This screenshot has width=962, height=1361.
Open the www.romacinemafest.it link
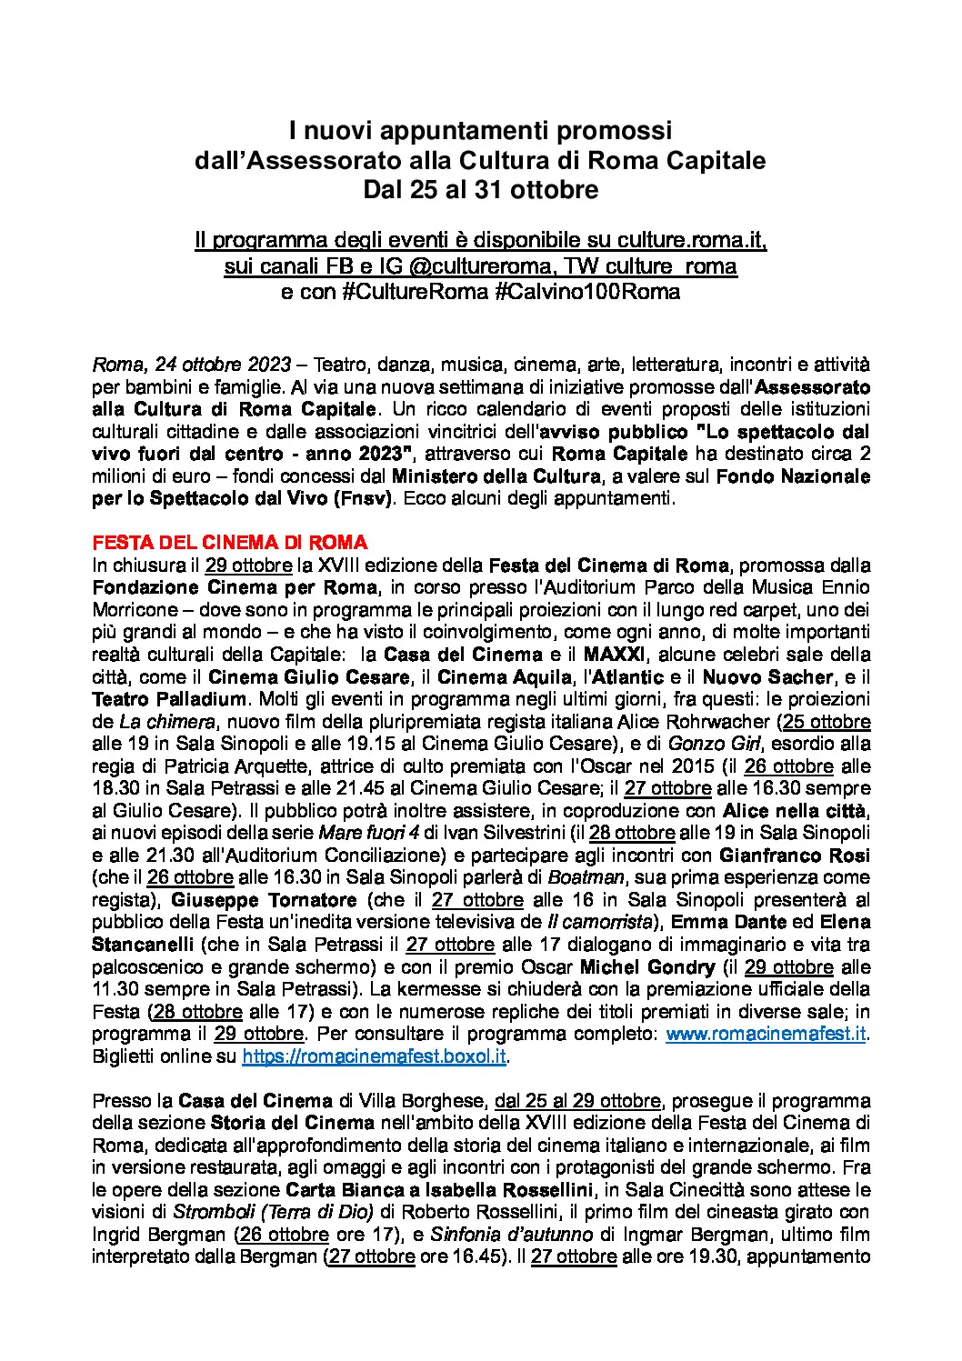click(766, 1034)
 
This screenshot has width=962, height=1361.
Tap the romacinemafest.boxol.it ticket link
click(374, 1056)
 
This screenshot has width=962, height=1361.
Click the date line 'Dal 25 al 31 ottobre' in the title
click(480, 190)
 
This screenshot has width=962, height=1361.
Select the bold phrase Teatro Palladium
click(169, 699)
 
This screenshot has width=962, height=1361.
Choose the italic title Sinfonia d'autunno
click(516, 1234)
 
